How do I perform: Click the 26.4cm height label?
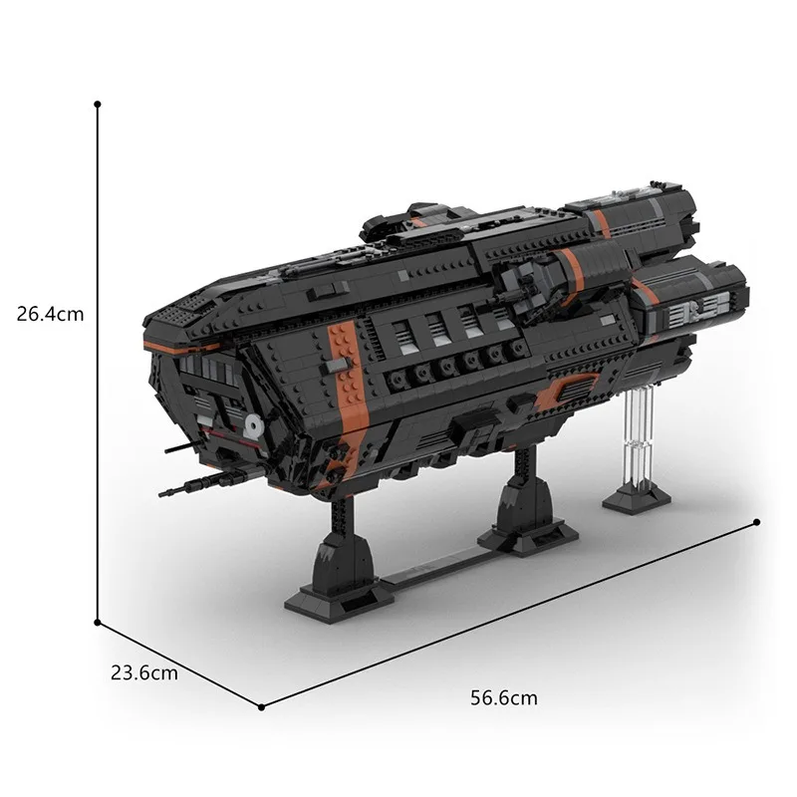tap(50, 314)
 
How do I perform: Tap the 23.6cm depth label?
tap(144, 672)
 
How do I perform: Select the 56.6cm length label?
tap(503, 698)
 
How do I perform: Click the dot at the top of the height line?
tap(98, 103)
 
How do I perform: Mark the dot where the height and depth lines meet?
tap(98, 622)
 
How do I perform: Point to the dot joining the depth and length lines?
tap(262, 707)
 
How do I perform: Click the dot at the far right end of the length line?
tap(758, 520)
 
